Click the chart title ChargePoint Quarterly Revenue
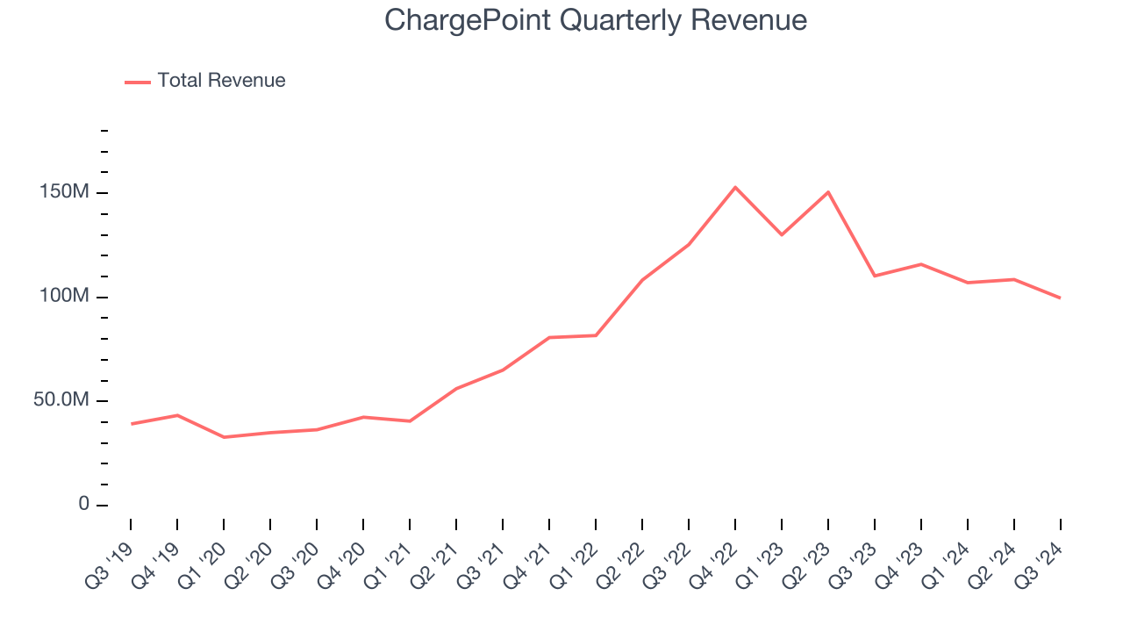click(596, 20)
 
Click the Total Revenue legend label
click(221, 81)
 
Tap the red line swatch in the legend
click(138, 82)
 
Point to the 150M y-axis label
click(64, 192)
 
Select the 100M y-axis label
click(64, 297)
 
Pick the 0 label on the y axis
click(83, 505)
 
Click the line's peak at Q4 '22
click(735, 187)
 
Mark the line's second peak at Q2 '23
click(828, 192)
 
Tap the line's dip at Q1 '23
click(782, 234)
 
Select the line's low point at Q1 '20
click(224, 437)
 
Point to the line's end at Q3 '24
click(1060, 298)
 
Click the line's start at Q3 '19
click(131, 424)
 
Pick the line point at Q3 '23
click(875, 276)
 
